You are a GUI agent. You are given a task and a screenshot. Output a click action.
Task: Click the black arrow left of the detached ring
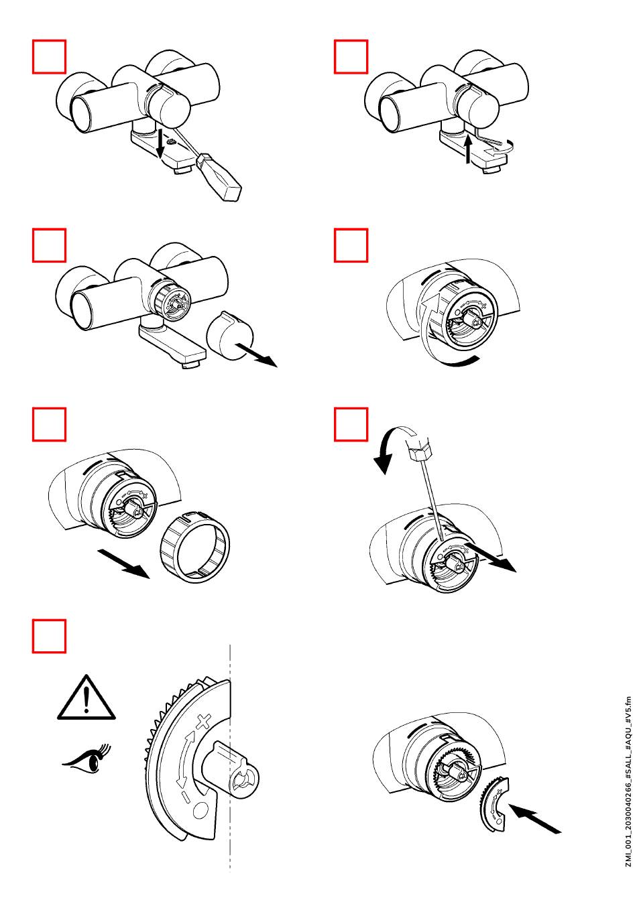point(125,563)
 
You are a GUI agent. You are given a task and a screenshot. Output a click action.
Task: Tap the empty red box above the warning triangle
point(50,636)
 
